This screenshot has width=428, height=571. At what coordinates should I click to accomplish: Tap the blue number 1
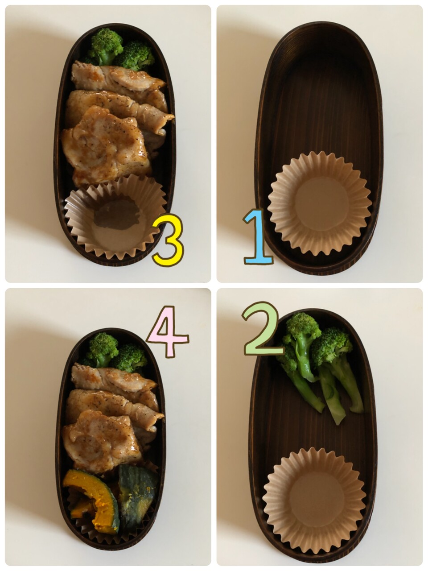[x=258, y=237]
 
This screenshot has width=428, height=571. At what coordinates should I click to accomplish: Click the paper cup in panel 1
[x=320, y=203]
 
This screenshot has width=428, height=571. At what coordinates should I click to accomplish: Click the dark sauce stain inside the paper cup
[x=117, y=214]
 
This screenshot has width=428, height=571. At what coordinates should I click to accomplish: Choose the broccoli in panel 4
[x=114, y=351]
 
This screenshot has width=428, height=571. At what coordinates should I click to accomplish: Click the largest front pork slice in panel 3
[x=105, y=146]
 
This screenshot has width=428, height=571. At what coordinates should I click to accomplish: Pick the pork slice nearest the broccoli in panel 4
[x=113, y=377]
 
